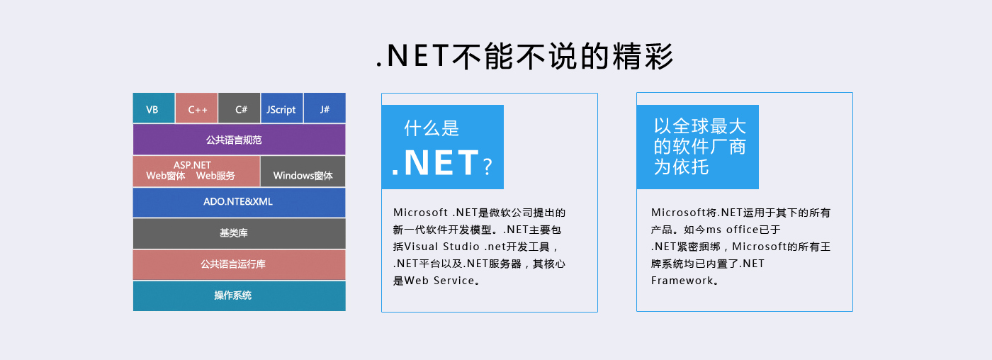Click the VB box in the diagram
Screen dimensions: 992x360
(x=154, y=108)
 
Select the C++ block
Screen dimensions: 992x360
(x=197, y=108)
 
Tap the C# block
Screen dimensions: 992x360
(x=239, y=108)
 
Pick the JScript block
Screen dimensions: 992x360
(x=282, y=108)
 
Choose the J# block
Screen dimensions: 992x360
(x=325, y=108)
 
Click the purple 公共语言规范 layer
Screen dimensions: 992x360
(x=239, y=140)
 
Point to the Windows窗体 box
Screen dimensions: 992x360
(x=303, y=171)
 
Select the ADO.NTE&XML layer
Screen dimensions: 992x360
(x=239, y=203)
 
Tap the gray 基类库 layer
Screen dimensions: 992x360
(x=239, y=233)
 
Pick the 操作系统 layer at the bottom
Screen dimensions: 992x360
(x=239, y=296)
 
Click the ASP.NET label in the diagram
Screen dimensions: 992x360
(x=192, y=164)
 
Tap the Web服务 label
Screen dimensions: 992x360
(x=215, y=176)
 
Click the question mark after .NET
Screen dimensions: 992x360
(x=487, y=167)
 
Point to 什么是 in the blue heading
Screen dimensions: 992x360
(x=432, y=128)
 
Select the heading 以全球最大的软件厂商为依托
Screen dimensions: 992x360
(x=700, y=147)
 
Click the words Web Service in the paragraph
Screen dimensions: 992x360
(x=439, y=281)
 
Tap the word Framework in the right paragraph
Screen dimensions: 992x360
(x=682, y=281)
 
